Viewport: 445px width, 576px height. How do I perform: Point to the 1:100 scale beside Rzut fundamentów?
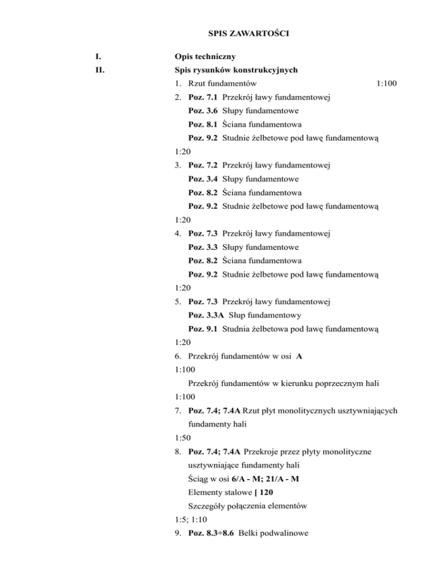[x=385, y=84]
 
